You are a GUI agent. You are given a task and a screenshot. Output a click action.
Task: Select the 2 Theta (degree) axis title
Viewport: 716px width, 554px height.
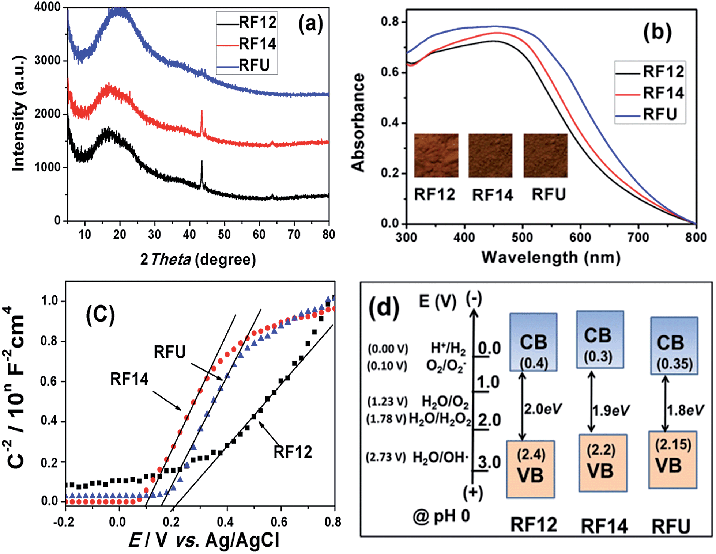coord(198,259)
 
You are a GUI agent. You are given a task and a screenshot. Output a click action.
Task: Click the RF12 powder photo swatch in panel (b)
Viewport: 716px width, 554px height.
coord(436,155)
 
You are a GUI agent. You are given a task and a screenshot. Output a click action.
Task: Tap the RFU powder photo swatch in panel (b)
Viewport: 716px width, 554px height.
coord(545,155)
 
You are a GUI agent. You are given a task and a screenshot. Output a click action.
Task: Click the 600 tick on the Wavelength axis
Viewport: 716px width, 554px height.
coord(580,238)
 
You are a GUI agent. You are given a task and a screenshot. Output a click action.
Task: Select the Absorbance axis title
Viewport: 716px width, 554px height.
coord(358,122)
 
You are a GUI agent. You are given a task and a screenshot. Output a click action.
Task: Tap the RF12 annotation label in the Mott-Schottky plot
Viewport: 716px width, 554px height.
coord(293,452)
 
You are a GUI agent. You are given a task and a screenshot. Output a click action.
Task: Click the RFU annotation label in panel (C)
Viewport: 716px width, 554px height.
coord(170,352)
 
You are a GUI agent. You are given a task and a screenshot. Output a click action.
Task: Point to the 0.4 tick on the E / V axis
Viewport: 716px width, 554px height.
coord(225,522)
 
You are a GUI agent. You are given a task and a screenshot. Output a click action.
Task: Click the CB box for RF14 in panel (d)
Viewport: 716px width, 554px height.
coord(599,339)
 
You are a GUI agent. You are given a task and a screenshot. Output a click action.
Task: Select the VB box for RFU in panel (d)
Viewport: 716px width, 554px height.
coord(672,460)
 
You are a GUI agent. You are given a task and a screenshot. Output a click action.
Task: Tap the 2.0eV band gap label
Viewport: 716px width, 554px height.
coord(543,409)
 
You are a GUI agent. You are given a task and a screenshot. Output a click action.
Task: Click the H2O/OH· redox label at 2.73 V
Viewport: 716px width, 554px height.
coord(440,457)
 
